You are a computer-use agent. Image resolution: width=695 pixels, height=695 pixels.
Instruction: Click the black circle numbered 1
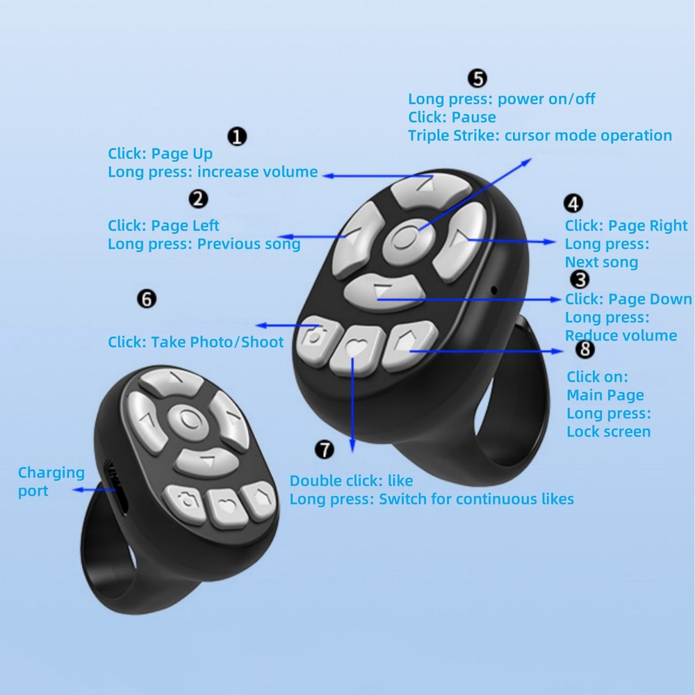238,136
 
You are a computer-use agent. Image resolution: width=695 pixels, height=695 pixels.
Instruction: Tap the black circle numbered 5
477,78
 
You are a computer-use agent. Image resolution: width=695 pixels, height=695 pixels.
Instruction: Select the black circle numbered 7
325,450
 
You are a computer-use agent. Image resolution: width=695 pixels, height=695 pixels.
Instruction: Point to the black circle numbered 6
147,299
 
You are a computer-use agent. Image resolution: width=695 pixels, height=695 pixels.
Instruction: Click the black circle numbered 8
585,349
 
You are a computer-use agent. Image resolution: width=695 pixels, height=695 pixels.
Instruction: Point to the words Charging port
51,482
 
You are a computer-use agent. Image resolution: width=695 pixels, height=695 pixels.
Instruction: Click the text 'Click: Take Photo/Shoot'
196,342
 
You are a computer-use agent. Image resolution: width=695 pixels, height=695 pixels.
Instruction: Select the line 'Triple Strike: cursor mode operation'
540,136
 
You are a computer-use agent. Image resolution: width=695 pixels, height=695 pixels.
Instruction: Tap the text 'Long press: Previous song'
204,244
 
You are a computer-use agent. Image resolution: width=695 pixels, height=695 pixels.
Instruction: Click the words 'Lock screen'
609,432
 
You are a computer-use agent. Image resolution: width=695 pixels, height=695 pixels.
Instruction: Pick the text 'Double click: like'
351,481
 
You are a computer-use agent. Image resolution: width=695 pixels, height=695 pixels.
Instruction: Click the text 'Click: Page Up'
160,154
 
